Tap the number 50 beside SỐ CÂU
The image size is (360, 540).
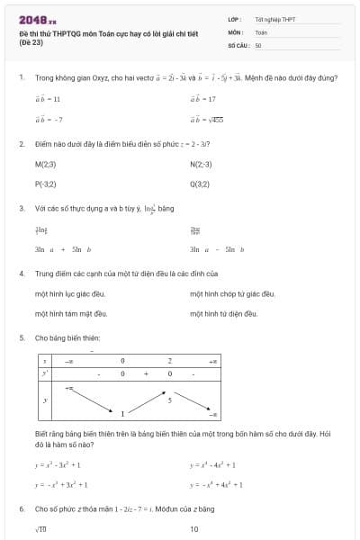point(258,44)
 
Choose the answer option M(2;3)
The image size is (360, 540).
point(45,164)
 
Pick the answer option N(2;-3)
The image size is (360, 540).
point(201,164)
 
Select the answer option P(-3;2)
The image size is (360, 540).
point(45,184)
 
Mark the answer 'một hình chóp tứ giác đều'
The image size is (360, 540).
point(232,293)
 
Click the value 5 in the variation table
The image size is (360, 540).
point(169,398)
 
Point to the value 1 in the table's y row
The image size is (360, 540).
point(123,413)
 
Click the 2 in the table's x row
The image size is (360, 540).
point(169,360)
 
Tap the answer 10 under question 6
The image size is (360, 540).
point(194,529)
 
